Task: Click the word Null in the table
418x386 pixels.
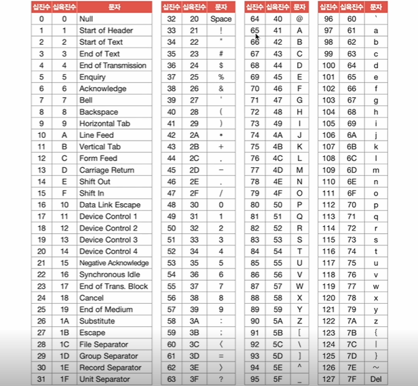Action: pyautogui.click(x=86, y=19)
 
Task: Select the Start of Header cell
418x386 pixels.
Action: pyautogui.click(x=106, y=31)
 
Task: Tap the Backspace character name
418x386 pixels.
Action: pyautogui.click(x=98, y=112)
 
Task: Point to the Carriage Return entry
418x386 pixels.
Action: pyautogui.click(x=107, y=170)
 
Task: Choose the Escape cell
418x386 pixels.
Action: pyautogui.click(x=92, y=332)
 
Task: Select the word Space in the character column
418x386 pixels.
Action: pyautogui.click(x=221, y=19)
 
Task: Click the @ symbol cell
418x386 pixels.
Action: pyautogui.click(x=299, y=19)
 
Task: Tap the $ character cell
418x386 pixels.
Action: pyautogui.click(x=221, y=65)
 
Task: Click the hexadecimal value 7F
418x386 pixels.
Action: pyautogui.click(x=351, y=379)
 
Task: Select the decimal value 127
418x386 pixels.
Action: pyautogui.click(x=328, y=379)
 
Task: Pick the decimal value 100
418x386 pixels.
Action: pyautogui.click(x=328, y=65)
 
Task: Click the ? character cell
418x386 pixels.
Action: pyautogui.click(x=221, y=379)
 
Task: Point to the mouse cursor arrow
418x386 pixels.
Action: pyautogui.click(x=256, y=36)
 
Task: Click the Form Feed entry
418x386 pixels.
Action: pyautogui.click(x=98, y=158)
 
